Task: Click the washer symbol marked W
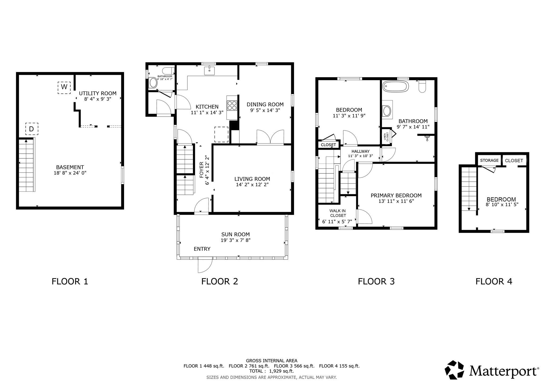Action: coord(64,87)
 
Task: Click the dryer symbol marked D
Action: coord(32,129)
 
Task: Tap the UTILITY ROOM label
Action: coord(98,94)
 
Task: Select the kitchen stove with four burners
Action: coord(232,105)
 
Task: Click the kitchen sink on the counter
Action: coord(210,71)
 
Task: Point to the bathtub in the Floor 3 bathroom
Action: coord(395,87)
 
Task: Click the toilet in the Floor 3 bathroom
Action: coord(422,86)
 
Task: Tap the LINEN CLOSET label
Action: coord(386,137)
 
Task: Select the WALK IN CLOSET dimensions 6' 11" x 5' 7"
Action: coord(337,222)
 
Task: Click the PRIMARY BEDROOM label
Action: coord(396,196)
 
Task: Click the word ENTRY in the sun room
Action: coord(202,249)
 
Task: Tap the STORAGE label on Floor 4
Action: coord(489,160)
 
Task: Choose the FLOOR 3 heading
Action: coord(376,281)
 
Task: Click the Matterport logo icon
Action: coord(455,370)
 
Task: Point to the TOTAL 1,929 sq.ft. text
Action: coord(271,371)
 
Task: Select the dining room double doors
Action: coord(270,137)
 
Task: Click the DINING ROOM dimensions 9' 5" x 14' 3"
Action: coord(265,110)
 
